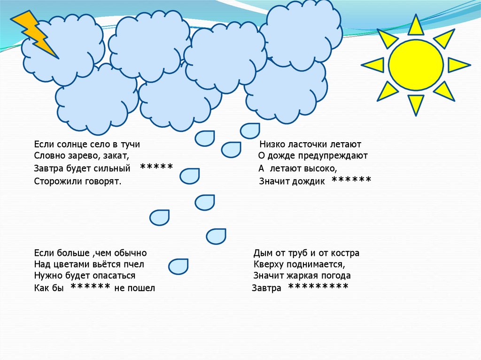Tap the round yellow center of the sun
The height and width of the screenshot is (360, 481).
click(x=416, y=65)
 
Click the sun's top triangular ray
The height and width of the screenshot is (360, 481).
click(x=416, y=26)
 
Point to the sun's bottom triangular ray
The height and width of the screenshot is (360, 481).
click(x=416, y=103)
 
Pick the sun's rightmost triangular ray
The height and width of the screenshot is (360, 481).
click(x=458, y=65)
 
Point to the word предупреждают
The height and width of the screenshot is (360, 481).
click(x=338, y=156)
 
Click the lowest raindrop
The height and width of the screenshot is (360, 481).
click(x=178, y=266)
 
